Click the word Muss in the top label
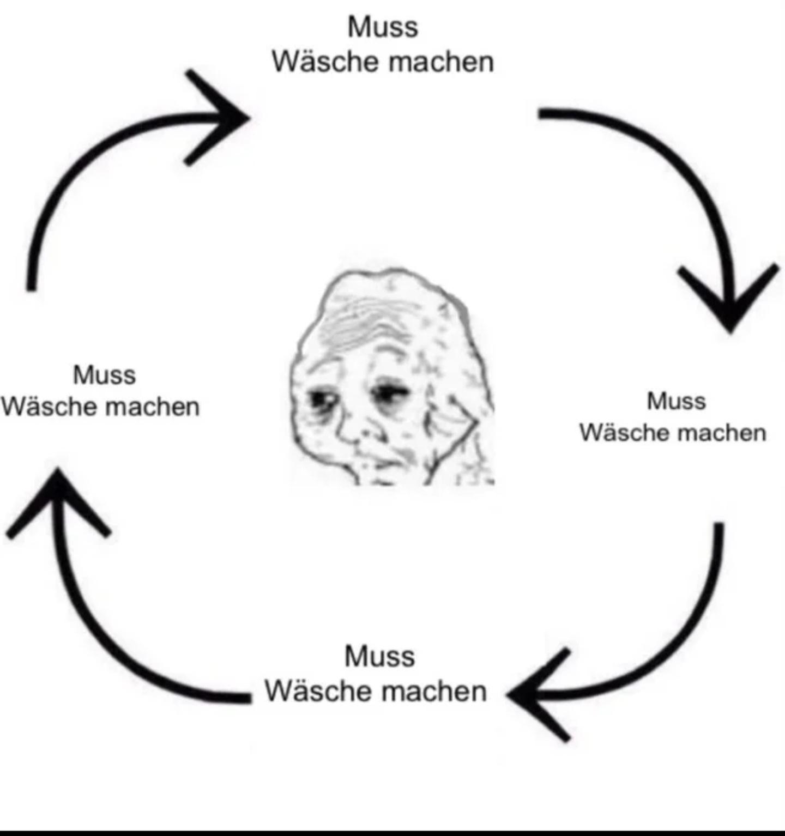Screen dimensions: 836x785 pos(383,27)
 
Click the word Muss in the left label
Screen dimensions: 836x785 pos(104,375)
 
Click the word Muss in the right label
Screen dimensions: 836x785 pos(676,401)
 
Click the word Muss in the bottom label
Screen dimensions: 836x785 pos(379,656)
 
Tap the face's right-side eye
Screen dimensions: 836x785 pos(386,392)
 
